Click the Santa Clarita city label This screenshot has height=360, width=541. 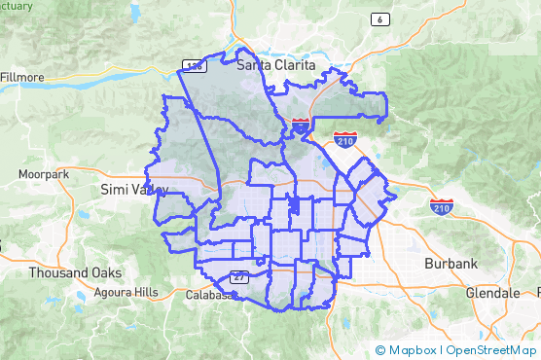click(x=277, y=65)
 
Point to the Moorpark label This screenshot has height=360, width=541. click(x=44, y=174)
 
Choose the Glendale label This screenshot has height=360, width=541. click(x=492, y=292)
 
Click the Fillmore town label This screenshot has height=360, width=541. click(x=21, y=76)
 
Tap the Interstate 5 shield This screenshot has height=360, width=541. click(x=301, y=126)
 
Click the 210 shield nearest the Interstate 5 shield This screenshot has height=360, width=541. click(x=344, y=139)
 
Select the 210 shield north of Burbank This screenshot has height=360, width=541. click(x=441, y=207)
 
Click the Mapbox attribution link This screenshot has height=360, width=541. click(x=414, y=350)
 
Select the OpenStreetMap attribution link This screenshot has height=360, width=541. click(x=492, y=350)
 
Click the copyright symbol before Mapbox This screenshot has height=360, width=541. click(x=380, y=350)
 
